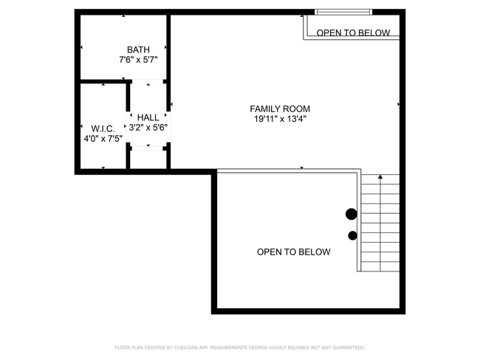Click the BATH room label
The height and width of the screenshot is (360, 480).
(138, 49)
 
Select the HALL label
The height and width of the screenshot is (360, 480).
(148, 117)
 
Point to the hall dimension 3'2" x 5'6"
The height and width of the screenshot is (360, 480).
(148, 127)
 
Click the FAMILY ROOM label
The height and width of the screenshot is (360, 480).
(280, 108)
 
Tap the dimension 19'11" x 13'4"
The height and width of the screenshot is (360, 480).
(280, 118)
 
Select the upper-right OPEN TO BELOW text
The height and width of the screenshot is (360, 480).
(353, 32)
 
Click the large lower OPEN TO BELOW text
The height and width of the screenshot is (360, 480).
(293, 252)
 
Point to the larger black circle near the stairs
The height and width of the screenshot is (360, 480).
(352, 214)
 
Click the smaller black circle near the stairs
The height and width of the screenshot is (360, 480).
(352, 235)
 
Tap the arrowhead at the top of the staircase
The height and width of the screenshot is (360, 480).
(380, 177)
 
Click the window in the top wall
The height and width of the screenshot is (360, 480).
(343, 12)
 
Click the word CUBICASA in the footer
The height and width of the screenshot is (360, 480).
(191, 347)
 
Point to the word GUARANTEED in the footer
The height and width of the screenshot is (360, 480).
(347, 347)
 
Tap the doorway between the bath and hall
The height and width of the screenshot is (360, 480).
(148, 80)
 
